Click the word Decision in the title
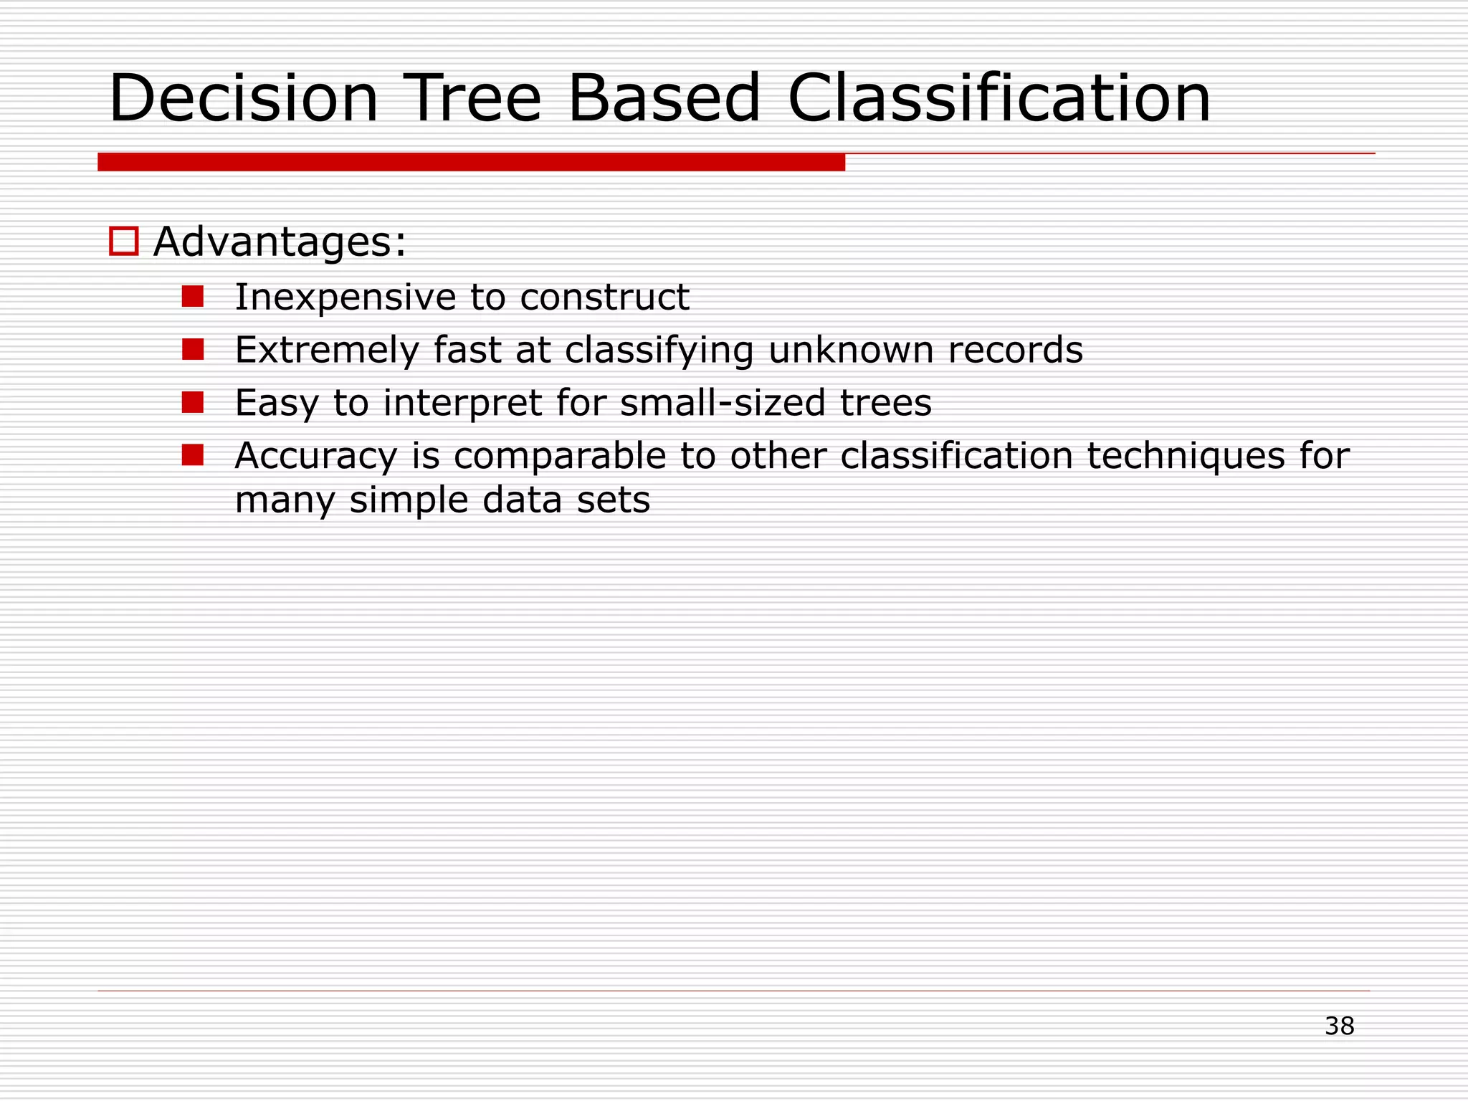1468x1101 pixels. tap(243, 98)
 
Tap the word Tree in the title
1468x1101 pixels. tap(472, 98)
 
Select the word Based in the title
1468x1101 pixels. tap(664, 98)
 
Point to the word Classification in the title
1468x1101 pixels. tap(998, 98)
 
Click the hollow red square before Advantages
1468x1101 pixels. tap(123, 241)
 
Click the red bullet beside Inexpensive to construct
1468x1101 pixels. tap(193, 296)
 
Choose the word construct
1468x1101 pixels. tap(604, 297)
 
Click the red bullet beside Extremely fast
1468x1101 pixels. tap(193, 349)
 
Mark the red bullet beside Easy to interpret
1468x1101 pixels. tap(193, 402)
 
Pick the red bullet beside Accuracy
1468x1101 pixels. tap(193, 455)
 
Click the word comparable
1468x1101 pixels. tap(560, 457)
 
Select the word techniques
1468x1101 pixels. tap(1186, 457)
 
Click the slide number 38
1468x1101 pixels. tap(1339, 1026)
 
